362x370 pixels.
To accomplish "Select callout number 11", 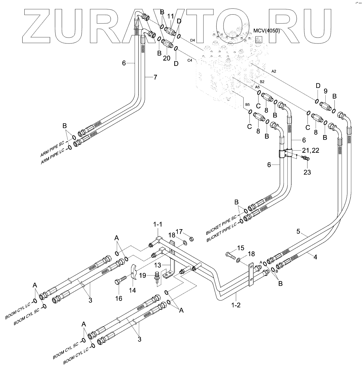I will [x=171, y=16].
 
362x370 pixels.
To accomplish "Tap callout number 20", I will [x=166, y=58].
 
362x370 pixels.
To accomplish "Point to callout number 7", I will [x=155, y=77].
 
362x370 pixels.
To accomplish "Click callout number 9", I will [x=325, y=92].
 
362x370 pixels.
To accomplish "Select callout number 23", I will [x=307, y=172].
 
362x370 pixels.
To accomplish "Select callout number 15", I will [x=240, y=248].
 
